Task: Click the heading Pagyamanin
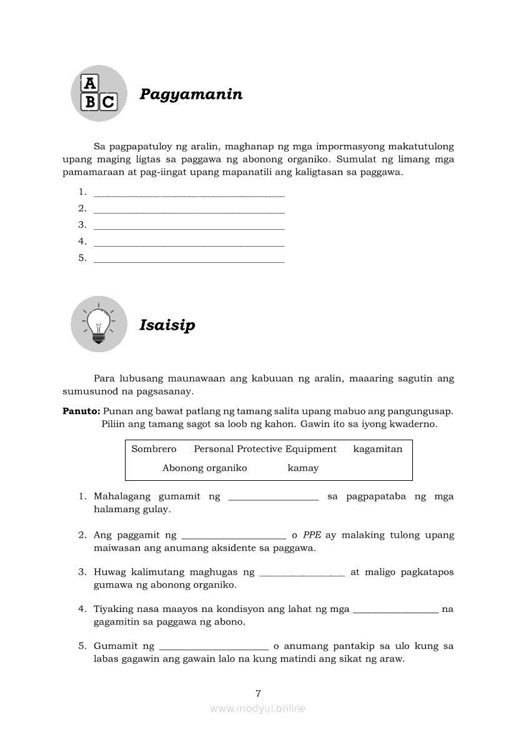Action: tap(191, 95)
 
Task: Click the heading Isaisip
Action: tap(167, 325)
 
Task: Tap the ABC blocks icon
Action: tap(99, 93)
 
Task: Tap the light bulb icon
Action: tap(99, 324)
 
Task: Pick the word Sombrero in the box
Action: tap(154, 449)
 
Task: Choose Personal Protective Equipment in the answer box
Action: tap(265, 449)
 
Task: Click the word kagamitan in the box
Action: tap(377, 449)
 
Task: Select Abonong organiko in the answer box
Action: tap(204, 468)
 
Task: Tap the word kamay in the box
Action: tap(303, 468)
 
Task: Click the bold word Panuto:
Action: tap(81, 411)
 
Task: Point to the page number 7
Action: tap(258, 693)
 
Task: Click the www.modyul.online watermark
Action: tap(258, 709)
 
